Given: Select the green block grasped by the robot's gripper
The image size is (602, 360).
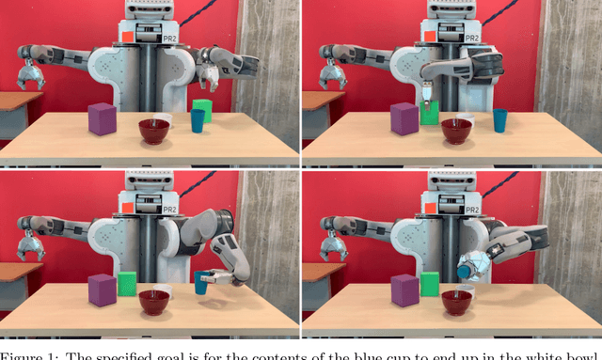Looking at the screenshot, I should [x=430, y=114].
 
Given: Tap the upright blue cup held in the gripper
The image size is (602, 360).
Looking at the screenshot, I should [x=201, y=282].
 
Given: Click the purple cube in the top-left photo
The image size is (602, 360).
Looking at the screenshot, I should [x=102, y=119].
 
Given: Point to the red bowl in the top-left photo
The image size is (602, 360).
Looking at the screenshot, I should [x=154, y=131].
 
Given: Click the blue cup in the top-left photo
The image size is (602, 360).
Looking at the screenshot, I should [x=198, y=120].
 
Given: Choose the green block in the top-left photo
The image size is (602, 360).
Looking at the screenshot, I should [x=202, y=107].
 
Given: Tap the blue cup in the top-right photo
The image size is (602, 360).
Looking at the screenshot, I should [x=500, y=119].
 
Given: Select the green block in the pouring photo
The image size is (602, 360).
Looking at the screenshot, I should [x=430, y=285].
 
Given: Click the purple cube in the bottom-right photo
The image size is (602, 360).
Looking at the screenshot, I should [x=406, y=290].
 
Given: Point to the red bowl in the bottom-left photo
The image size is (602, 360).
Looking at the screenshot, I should [x=154, y=303].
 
